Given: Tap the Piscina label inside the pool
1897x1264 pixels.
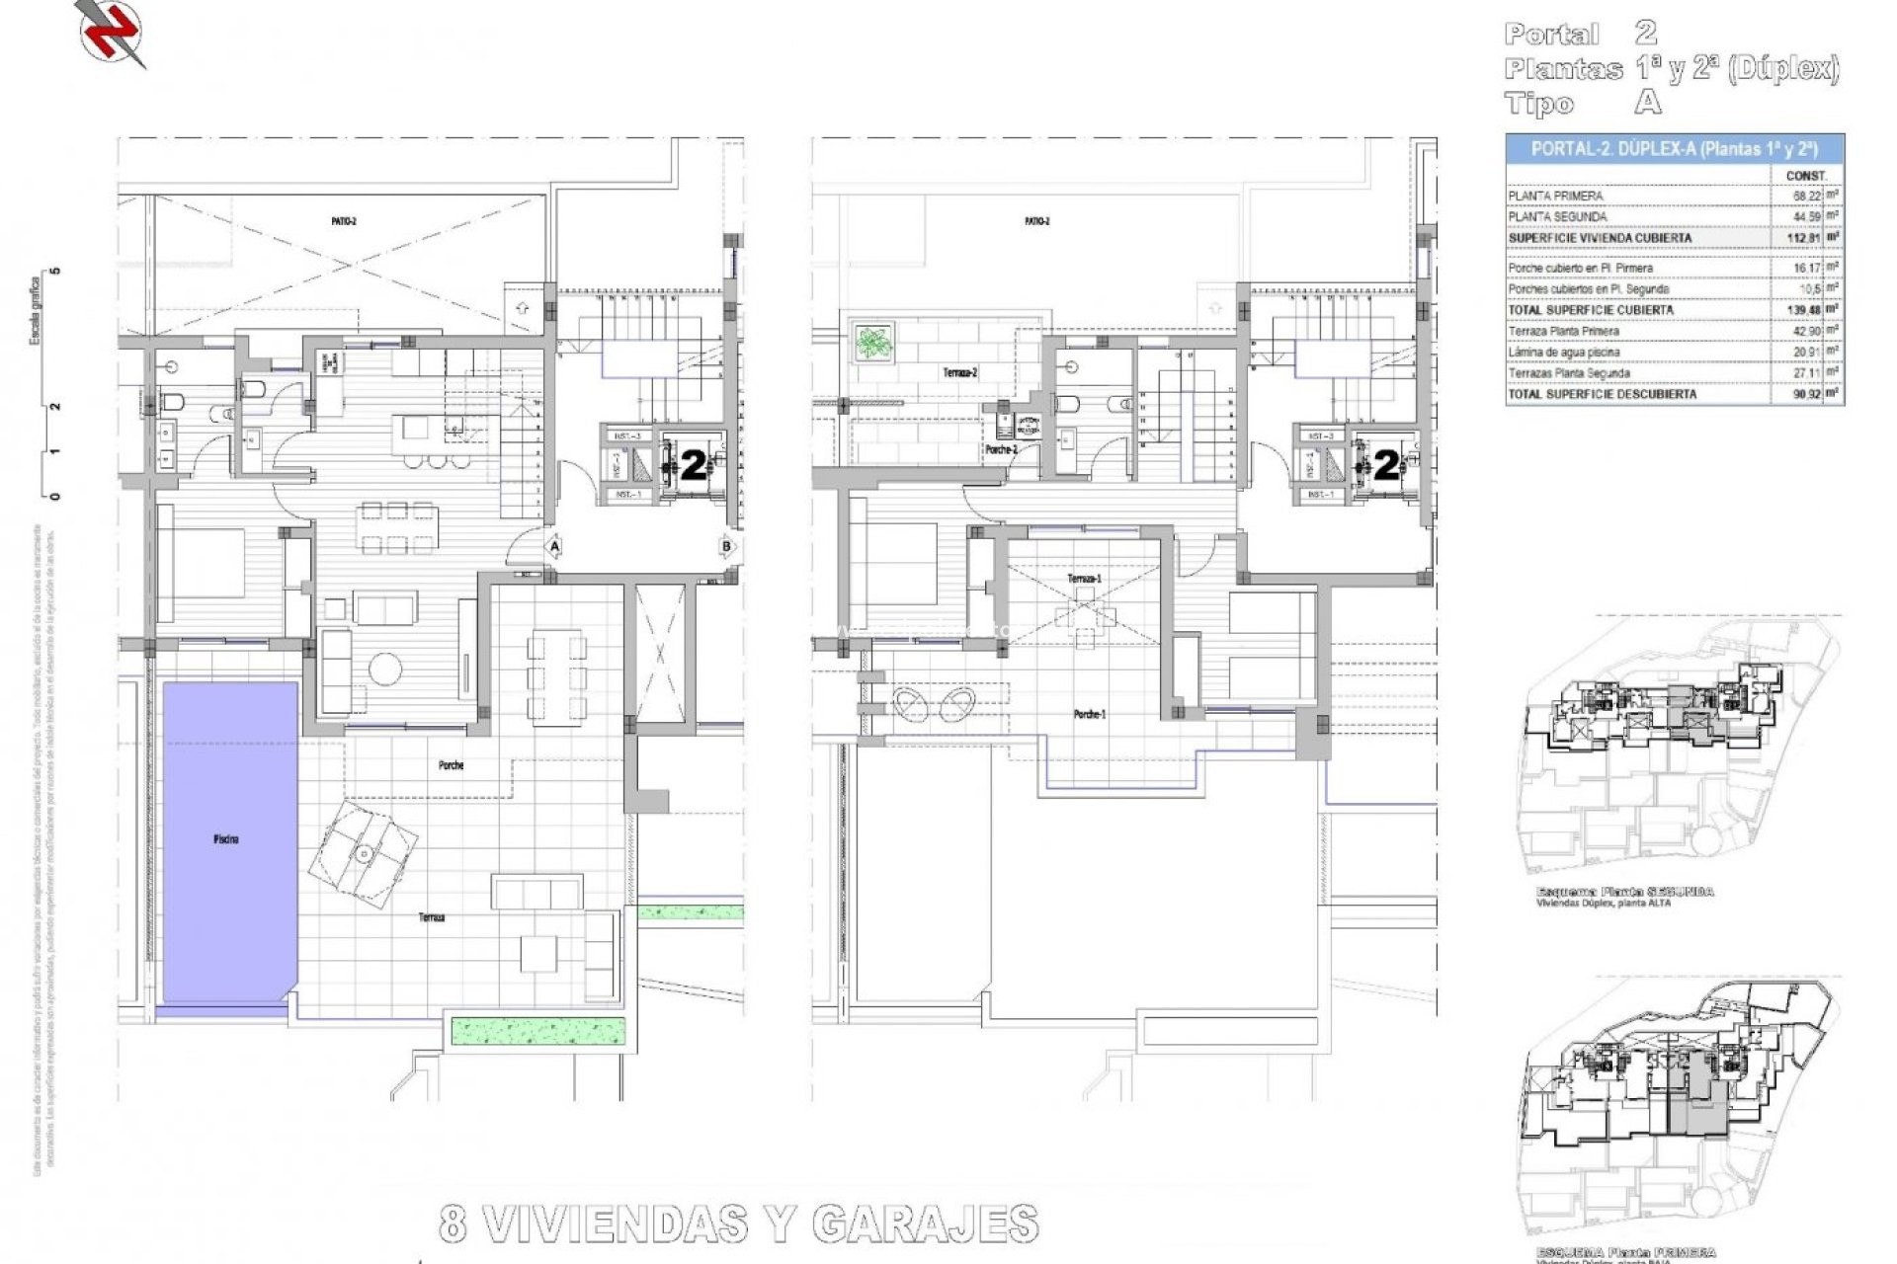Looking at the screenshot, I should tap(225, 839).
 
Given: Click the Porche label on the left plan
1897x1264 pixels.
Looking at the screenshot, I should tap(451, 765).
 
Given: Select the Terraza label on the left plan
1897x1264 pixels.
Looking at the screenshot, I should tap(431, 917).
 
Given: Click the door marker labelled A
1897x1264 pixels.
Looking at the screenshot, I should tap(554, 546).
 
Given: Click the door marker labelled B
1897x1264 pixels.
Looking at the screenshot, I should tap(727, 546).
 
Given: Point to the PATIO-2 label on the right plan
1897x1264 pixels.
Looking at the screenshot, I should tap(1036, 221).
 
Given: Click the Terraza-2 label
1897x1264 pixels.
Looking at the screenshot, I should tap(959, 373).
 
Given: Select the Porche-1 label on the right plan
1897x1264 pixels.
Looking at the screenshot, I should tap(1090, 714).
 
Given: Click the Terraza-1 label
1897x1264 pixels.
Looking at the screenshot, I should tap(1084, 579).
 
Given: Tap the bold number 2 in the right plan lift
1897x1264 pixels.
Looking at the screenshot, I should tap(1387, 465).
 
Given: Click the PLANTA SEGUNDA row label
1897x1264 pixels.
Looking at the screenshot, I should tap(1557, 217).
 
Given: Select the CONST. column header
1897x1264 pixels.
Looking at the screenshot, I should tap(1806, 176).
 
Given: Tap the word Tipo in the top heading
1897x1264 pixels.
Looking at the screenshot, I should tap(1538, 104).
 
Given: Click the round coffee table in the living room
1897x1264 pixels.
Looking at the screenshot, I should tap(383, 670).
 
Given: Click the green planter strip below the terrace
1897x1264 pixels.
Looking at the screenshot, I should tap(538, 1031).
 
